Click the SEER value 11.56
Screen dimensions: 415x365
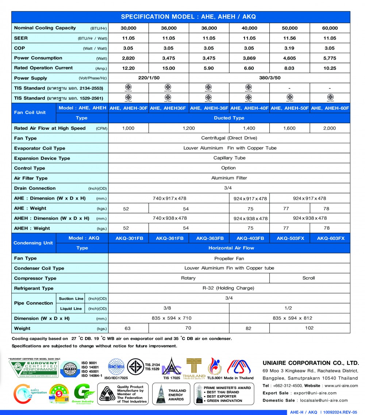coord(290,38)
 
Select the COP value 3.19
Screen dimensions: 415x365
coord(290,48)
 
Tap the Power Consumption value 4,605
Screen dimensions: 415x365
coord(290,58)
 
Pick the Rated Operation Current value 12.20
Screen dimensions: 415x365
coord(128,68)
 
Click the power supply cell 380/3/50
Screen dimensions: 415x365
coord(269,78)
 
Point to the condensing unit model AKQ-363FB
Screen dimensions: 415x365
coord(209,238)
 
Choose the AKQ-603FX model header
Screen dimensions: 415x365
coord(330,238)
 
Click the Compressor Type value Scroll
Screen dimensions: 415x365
coord(308,278)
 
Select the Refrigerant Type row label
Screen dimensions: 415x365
coord(34,288)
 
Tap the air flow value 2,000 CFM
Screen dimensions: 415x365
coord(330,128)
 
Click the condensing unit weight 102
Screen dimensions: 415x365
coord(309,328)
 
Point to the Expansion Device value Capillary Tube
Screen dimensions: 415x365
coord(229,158)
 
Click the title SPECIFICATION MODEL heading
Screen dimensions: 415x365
coord(188,17)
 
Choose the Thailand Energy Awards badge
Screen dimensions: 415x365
coord(172,394)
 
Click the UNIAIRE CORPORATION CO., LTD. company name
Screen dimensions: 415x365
coord(311,363)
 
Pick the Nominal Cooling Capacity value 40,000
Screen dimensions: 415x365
coord(249,28)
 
